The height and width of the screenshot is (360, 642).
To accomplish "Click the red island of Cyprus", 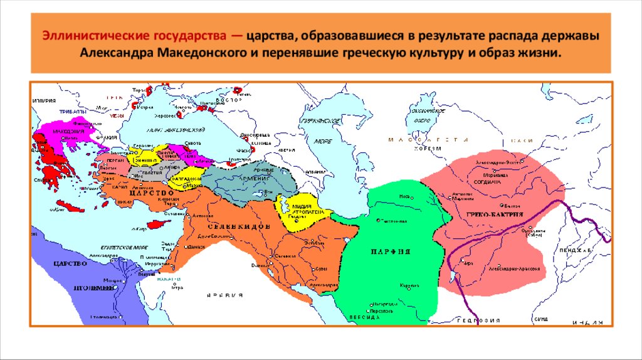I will click(160, 222).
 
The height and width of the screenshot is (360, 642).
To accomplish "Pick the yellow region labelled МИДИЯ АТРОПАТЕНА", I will click(295, 213).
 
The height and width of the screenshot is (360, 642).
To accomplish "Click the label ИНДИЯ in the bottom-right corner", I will click(587, 322).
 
